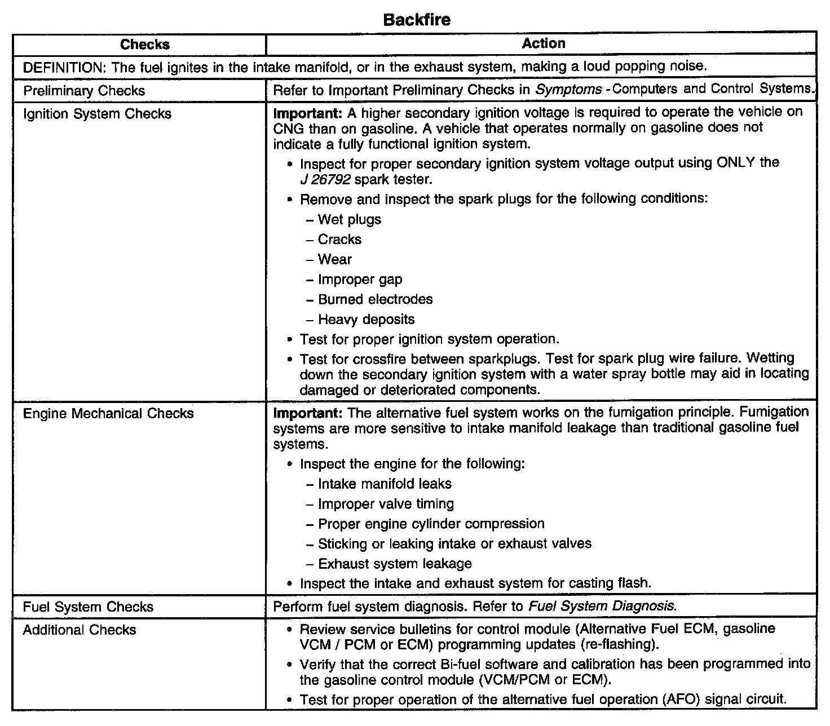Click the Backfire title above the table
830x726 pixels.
pos(417,20)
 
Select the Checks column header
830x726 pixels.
pos(145,45)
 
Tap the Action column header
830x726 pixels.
pos(543,43)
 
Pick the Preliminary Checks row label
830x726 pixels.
pos(84,91)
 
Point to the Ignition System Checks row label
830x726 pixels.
pos(97,114)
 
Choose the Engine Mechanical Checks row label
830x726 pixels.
pos(108,414)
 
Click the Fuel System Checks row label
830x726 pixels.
pos(88,607)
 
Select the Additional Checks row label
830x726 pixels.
pos(80,630)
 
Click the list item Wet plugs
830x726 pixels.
pos(349,219)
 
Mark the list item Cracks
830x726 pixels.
pos(339,240)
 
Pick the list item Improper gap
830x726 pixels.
pos(360,280)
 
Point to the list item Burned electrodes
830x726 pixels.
pos(375,299)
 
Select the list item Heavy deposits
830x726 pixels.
pos(366,320)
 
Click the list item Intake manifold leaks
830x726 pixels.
pos(385,484)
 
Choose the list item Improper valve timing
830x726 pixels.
pos(386,504)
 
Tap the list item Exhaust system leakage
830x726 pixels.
pos(395,564)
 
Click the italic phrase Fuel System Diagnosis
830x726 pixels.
pos(601,607)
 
